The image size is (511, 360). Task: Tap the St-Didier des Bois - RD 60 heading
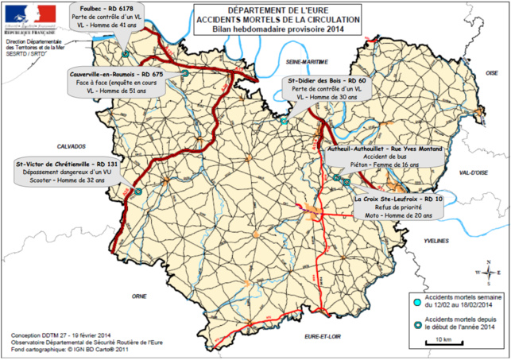(326, 80)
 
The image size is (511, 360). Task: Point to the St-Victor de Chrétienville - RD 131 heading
(59, 165)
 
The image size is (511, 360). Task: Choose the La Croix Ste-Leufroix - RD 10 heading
(398, 198)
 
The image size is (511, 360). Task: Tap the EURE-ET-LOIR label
(327, 338)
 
